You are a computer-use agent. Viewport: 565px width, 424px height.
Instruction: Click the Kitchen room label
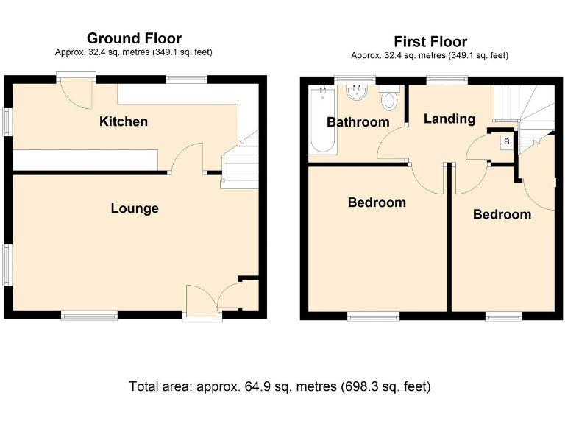124,121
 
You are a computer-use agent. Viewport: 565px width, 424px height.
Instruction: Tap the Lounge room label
135,208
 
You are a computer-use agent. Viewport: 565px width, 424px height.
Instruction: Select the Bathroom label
358,122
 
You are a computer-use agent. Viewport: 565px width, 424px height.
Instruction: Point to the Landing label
449,119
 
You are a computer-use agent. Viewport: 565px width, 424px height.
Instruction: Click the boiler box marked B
506,141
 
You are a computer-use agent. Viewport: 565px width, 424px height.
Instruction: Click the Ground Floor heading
134,38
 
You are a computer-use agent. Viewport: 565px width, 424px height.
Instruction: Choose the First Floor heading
430,41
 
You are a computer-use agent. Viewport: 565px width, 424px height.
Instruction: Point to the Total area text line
280,386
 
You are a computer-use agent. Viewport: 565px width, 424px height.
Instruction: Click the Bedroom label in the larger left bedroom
377,202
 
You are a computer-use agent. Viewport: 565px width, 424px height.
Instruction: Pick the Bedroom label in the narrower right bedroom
502,214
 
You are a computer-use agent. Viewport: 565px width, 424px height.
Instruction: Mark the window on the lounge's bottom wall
89,316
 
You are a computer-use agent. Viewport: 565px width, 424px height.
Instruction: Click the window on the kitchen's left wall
8,122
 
